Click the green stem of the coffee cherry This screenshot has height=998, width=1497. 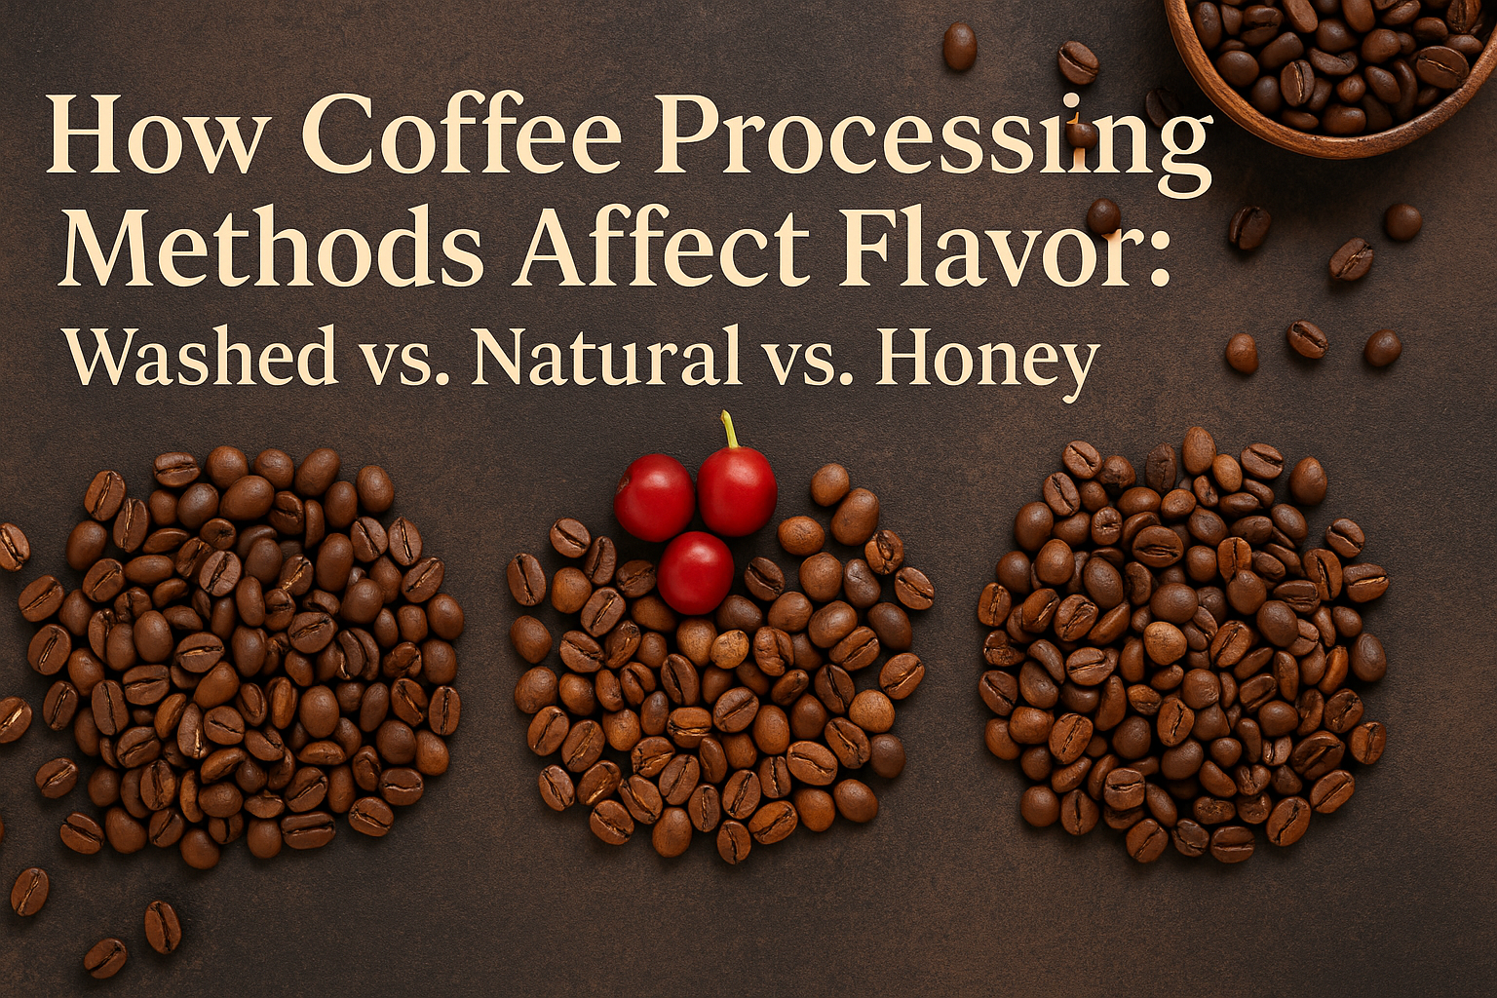pos(729,431)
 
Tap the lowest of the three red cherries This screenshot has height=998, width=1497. pos(696,573)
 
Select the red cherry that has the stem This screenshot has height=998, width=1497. pos(737,491)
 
